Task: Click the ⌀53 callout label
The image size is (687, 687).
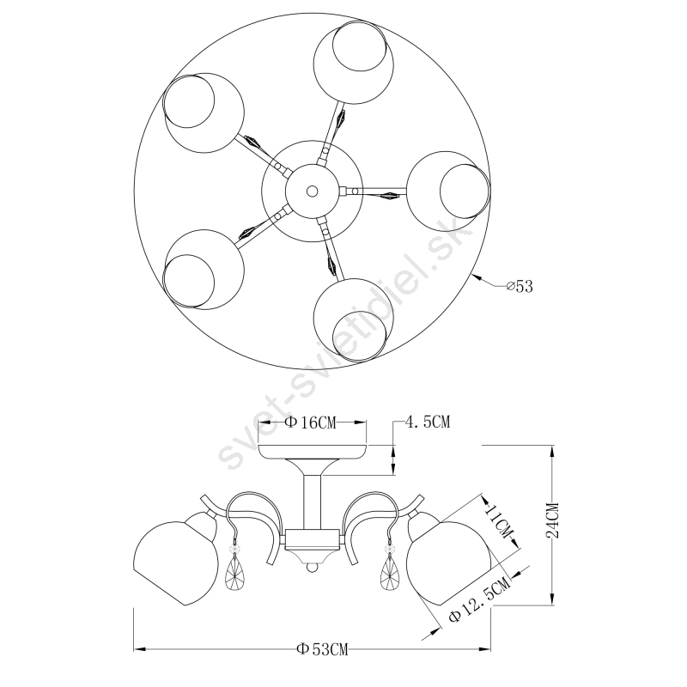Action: pos(520,286)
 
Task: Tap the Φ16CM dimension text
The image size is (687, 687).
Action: pos(311,423)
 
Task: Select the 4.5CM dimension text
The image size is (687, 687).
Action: pos(428,422)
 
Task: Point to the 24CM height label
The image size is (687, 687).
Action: pos(552,520)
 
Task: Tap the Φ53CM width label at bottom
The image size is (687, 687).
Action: pos(322,649)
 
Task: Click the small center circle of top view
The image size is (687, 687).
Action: pos(312,191)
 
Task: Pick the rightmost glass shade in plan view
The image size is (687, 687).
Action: pos(447,192)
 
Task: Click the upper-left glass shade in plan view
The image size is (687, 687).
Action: pos(203,112)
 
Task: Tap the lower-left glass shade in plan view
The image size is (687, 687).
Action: pos(204,270)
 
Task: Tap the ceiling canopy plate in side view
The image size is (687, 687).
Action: pos(313,452)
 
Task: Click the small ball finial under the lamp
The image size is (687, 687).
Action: pos(312,568)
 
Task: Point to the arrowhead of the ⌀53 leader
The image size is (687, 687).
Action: pos(477,277)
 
